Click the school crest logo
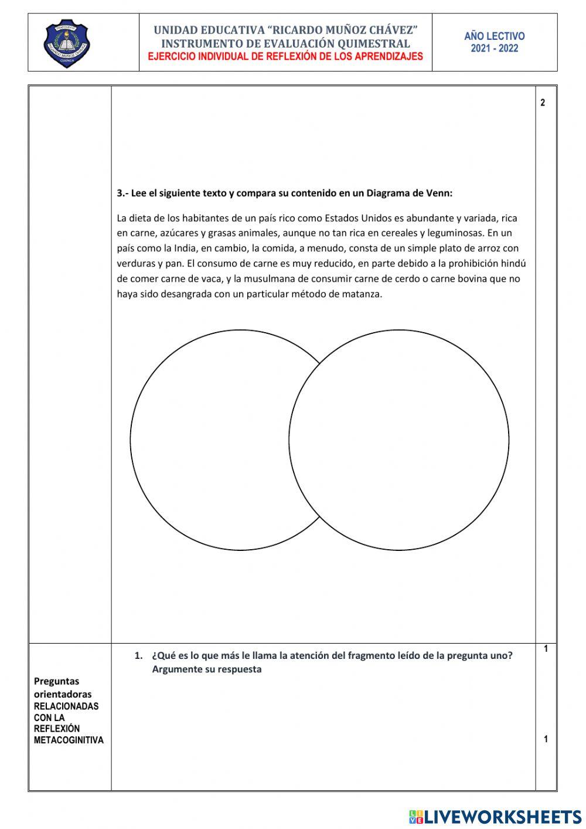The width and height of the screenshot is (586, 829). (68, 43)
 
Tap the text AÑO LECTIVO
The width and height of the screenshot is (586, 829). (494, 36)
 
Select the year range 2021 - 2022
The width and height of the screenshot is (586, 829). (494, 49)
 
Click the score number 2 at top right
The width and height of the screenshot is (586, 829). (543, 103)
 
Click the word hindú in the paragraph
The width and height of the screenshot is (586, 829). (514, 264)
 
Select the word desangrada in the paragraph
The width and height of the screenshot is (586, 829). (187, 295)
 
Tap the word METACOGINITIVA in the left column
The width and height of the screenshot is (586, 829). (69, 740)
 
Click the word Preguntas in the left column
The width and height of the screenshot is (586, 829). (56, 682)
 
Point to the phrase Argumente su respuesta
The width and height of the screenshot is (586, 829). (206, 669)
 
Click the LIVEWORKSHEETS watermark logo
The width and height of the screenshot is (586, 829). (495, 817)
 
